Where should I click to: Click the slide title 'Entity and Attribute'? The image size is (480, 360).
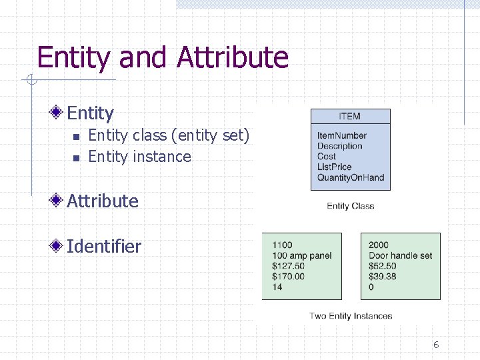pyautogui.click(x=163, y=57)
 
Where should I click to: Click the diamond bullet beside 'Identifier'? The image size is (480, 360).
pyautogui.click(x=59, y=246)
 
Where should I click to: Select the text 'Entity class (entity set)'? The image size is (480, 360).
pyautogui.click(x=169, y=135)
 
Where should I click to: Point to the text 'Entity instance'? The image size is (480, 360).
pyautogui.click(x=139, y=157)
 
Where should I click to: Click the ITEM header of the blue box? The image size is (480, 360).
pyautogui.click(x=350, y=116)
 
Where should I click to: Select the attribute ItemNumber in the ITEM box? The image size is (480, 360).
pyautogui.click(x=342, y=136)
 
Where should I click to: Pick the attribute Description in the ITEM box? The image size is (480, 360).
pyautogui.click(x=339, y=146)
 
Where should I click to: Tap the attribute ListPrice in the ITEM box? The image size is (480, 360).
pyautogui.click(x=334, y=167)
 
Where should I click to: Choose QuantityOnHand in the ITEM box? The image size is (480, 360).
pyautogui.click(x=350, y=177)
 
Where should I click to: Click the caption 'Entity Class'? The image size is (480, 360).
pyautogui.click(x=351, y=206)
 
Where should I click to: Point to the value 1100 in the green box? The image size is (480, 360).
pyautogui.click(x=282, y=245)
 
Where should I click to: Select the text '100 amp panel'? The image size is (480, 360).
pyautogui.click(x=301, y=255)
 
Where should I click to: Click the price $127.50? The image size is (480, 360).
pyautogui.click(x=288, y=266)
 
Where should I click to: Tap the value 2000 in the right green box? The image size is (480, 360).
pyautogui.click(x=379, y=245)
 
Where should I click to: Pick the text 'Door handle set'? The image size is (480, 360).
pyautogui.click(x=400, y=255)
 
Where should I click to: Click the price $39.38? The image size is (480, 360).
pyautogui.click(x=383, y=277)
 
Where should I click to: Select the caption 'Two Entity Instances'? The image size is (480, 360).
pyautogui.click(x=351, y=316)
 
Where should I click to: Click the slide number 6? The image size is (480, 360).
pyautogui.click(x=436, y=345)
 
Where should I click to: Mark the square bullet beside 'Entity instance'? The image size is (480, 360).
pyautogui.click(x=76, y=157)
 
